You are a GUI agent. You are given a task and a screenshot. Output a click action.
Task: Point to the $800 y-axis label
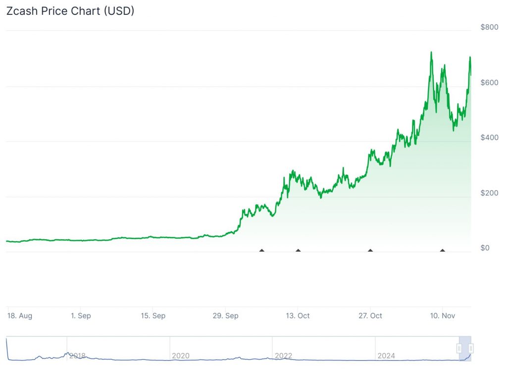(x=489, y=27)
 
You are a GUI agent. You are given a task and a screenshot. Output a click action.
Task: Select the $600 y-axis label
(x=489, y=82)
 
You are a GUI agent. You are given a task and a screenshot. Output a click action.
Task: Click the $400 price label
(x=489, y=137)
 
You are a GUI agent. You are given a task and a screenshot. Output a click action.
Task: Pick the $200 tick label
(x=489, y=193)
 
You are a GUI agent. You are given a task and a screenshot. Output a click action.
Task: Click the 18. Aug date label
(x=20, y=316)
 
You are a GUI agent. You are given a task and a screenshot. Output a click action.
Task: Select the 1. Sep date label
(x=80, y=316)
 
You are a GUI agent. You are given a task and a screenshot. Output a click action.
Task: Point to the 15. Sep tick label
(x=152, y=316)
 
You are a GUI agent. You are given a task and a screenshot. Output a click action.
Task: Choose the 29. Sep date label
(x=225, y=316)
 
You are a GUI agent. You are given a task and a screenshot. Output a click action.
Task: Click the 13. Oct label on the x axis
(x=298, y=316)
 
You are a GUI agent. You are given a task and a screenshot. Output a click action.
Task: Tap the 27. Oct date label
(x=370, y=316)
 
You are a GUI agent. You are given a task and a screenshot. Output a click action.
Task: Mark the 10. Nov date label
(x=442, y=316)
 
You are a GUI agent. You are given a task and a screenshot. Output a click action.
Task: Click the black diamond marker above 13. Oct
(x=298, y=250)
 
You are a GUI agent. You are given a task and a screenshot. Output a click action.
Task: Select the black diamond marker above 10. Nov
(x=443, y=250)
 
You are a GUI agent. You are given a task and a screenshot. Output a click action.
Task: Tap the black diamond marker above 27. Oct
(x=370, y=250)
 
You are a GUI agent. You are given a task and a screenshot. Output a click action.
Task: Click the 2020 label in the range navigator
(x=180, y=356)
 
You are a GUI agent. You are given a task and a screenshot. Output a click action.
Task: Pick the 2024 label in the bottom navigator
(x=386, y=356)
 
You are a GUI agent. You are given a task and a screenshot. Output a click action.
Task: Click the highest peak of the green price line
(x=431, y=52)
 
